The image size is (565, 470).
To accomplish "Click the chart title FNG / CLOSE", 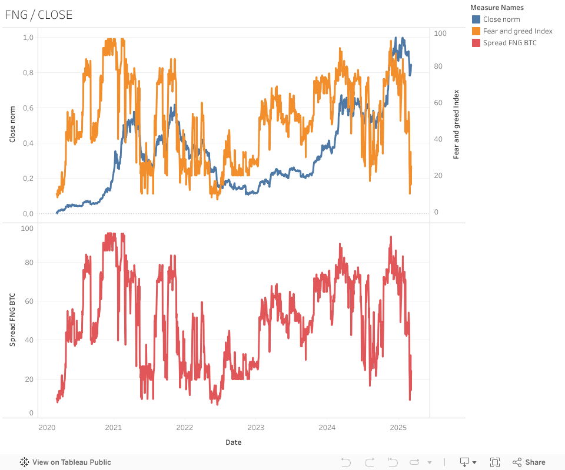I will click(39, 15).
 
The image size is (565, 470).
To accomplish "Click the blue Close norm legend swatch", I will click(476, 19).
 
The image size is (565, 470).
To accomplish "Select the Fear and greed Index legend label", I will click(517, 31).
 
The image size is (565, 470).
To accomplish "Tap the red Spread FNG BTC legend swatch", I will click(476, 43).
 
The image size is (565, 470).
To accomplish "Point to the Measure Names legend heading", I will click(497, 8).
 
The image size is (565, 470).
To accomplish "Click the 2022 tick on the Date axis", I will click(185, 427).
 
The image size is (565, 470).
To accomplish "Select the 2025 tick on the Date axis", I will click(398, 427).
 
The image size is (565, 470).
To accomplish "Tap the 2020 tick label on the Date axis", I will click(46, 427).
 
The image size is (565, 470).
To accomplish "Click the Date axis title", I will click(233, 442).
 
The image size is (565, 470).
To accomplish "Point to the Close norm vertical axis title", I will click(12, 125).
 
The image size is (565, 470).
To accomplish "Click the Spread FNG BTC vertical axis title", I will click(12, 321).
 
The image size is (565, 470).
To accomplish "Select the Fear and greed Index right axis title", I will click(456, 125).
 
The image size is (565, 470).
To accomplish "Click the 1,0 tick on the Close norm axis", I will click(28, 38).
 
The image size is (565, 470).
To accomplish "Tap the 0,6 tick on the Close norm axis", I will click(28, 108).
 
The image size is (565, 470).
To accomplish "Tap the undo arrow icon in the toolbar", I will click(346, 462).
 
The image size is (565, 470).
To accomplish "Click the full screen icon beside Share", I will click(495, 462).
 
